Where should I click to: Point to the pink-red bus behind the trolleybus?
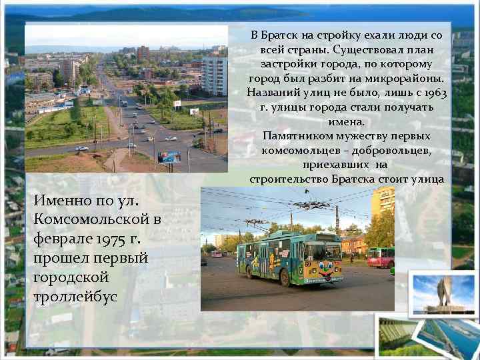click(x=380, y=257)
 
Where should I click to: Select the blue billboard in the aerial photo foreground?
click(x=170, y=157)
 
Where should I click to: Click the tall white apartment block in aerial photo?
click(x=215, y=76)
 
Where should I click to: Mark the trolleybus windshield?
click(x=323, y=251)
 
